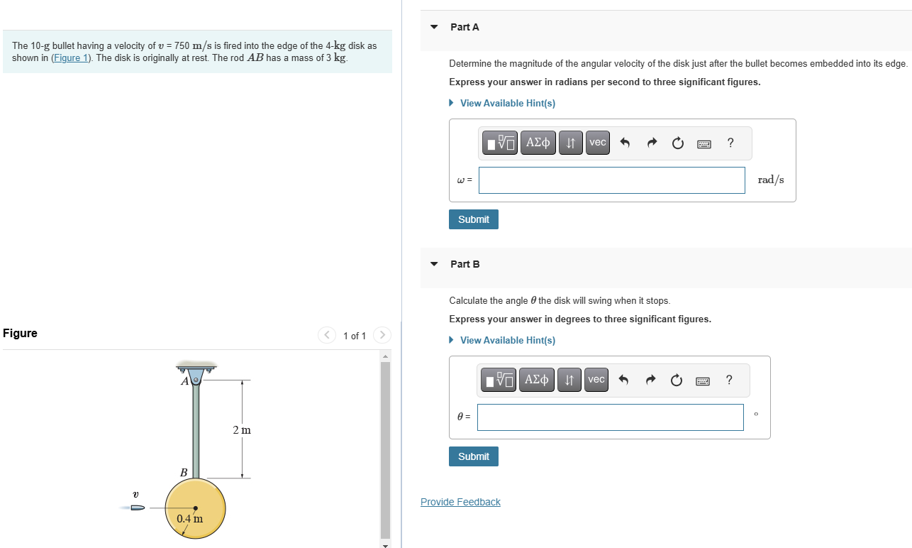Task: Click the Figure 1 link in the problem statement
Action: coord(71,58)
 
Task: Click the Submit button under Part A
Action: coord(474,219)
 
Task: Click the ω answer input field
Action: coord(611,180)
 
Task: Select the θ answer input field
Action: coord(611,417)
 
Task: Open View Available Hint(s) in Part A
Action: coord(507,103)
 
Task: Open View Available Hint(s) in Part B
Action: coord(507,340)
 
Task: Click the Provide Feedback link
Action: coord(460,502)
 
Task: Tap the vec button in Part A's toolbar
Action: coord(598,143)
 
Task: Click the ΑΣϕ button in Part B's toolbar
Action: coord(536,380)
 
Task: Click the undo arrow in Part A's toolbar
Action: coord(625,143)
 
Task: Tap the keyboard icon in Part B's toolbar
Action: coord(702,381)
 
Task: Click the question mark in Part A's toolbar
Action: coord(730,143)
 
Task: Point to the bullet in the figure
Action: coord(138,508)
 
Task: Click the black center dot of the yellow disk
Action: coord(196,508)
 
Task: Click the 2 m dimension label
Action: coord(242,430)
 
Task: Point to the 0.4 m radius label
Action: coord(190,519)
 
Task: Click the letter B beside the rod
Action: coord(184,472)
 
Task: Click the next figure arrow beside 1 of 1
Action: coord(382,335)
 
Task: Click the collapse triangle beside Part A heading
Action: coord(434,27)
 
